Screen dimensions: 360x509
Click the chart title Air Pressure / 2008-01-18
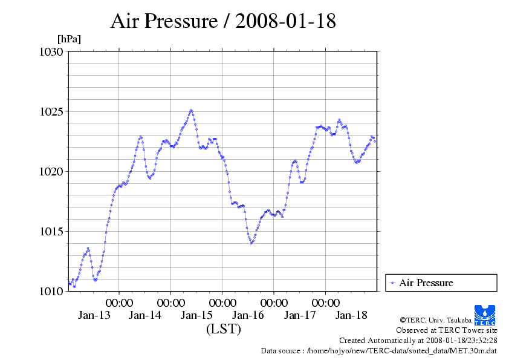point(223,21)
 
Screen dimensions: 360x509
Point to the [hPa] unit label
point(69,39)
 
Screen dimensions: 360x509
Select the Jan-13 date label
point(94,315)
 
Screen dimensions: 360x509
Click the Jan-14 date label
point(145,315)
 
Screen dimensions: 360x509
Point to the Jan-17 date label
point(300,315)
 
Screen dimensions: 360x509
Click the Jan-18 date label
point(351,315)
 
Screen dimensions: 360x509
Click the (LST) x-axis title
point(224,330)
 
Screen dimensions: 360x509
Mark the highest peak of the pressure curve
point(191,110)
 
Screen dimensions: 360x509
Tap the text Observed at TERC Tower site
point(446,330)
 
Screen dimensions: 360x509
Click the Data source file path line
point(379,350)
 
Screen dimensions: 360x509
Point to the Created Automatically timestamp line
point(418,341)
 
